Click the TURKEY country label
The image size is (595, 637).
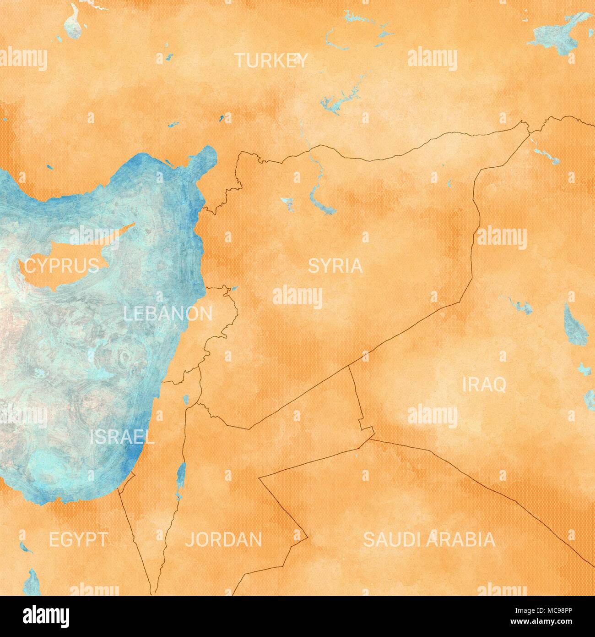click(x=271, y=60)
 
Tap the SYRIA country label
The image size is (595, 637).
click(x=335, y=266)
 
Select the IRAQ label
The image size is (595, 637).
click(x=484, y=385)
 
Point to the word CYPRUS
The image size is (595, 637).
click(x=61, y=265)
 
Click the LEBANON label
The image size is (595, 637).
click(x=168, y=314)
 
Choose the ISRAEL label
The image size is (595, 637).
click(x=121, y=437)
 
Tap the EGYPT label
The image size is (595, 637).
click(x=78, y=539)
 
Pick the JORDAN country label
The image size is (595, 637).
click(x=224, y=539)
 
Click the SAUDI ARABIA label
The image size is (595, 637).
click(x=429, y=539)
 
